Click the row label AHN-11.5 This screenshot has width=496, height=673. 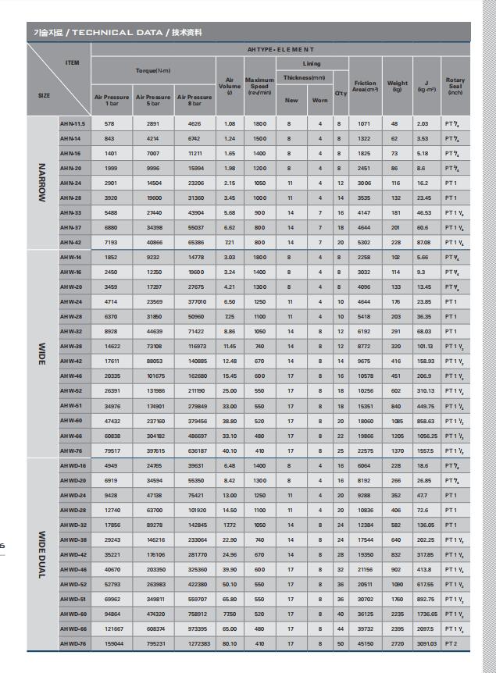pos(74,124)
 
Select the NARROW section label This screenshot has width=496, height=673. pos(41,183)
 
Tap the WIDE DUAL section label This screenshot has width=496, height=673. pos(41,553)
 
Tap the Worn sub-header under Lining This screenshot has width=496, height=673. pos(319,99)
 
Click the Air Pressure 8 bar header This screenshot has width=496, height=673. pos(193,99)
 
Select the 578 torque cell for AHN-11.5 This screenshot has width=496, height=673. pos(109,124)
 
